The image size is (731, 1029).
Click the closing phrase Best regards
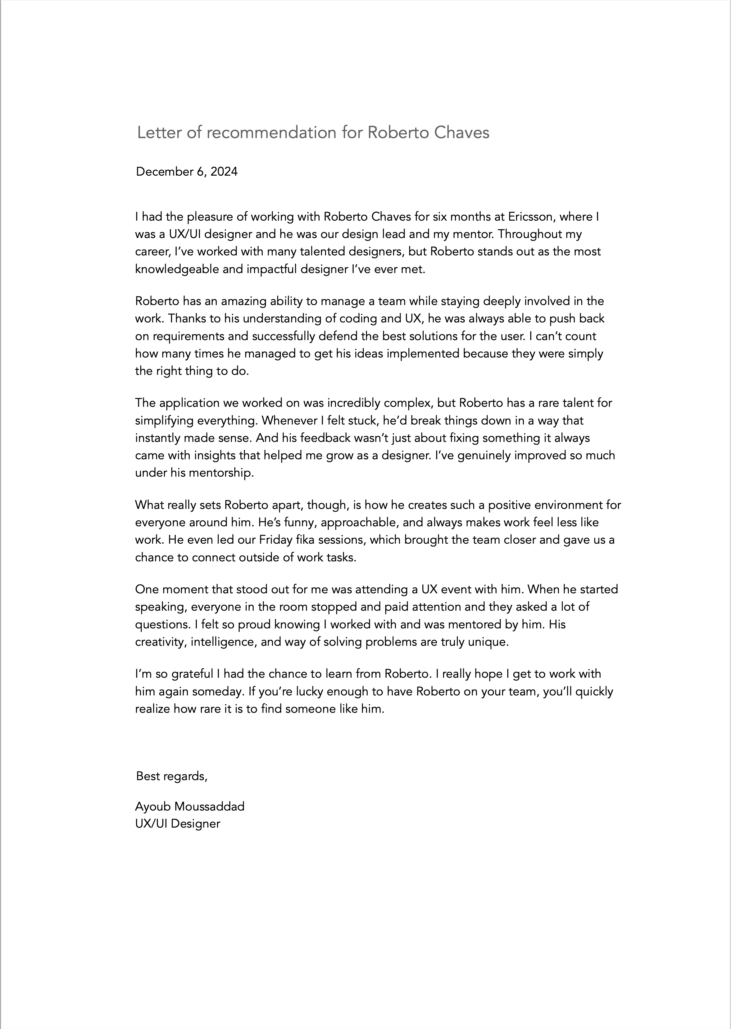tap(171, 776)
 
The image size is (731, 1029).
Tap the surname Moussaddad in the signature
tap(209, 807)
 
